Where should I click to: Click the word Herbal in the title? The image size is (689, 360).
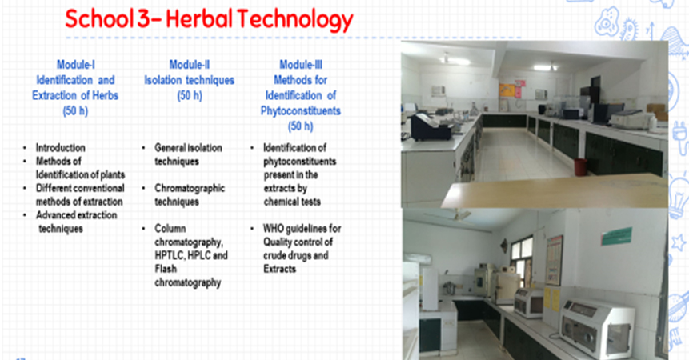199,19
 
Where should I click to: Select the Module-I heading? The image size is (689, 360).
75,65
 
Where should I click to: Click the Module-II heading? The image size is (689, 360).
190,65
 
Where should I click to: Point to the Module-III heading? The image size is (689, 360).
301,65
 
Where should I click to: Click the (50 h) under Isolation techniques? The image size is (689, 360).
190,96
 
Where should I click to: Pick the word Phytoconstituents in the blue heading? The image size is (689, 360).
301,110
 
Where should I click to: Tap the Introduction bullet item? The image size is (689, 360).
61,147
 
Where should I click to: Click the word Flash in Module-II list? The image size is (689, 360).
166,269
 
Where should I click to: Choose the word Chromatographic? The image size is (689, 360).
190,188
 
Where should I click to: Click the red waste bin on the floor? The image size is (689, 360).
580,167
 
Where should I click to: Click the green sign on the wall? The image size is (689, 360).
616,236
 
